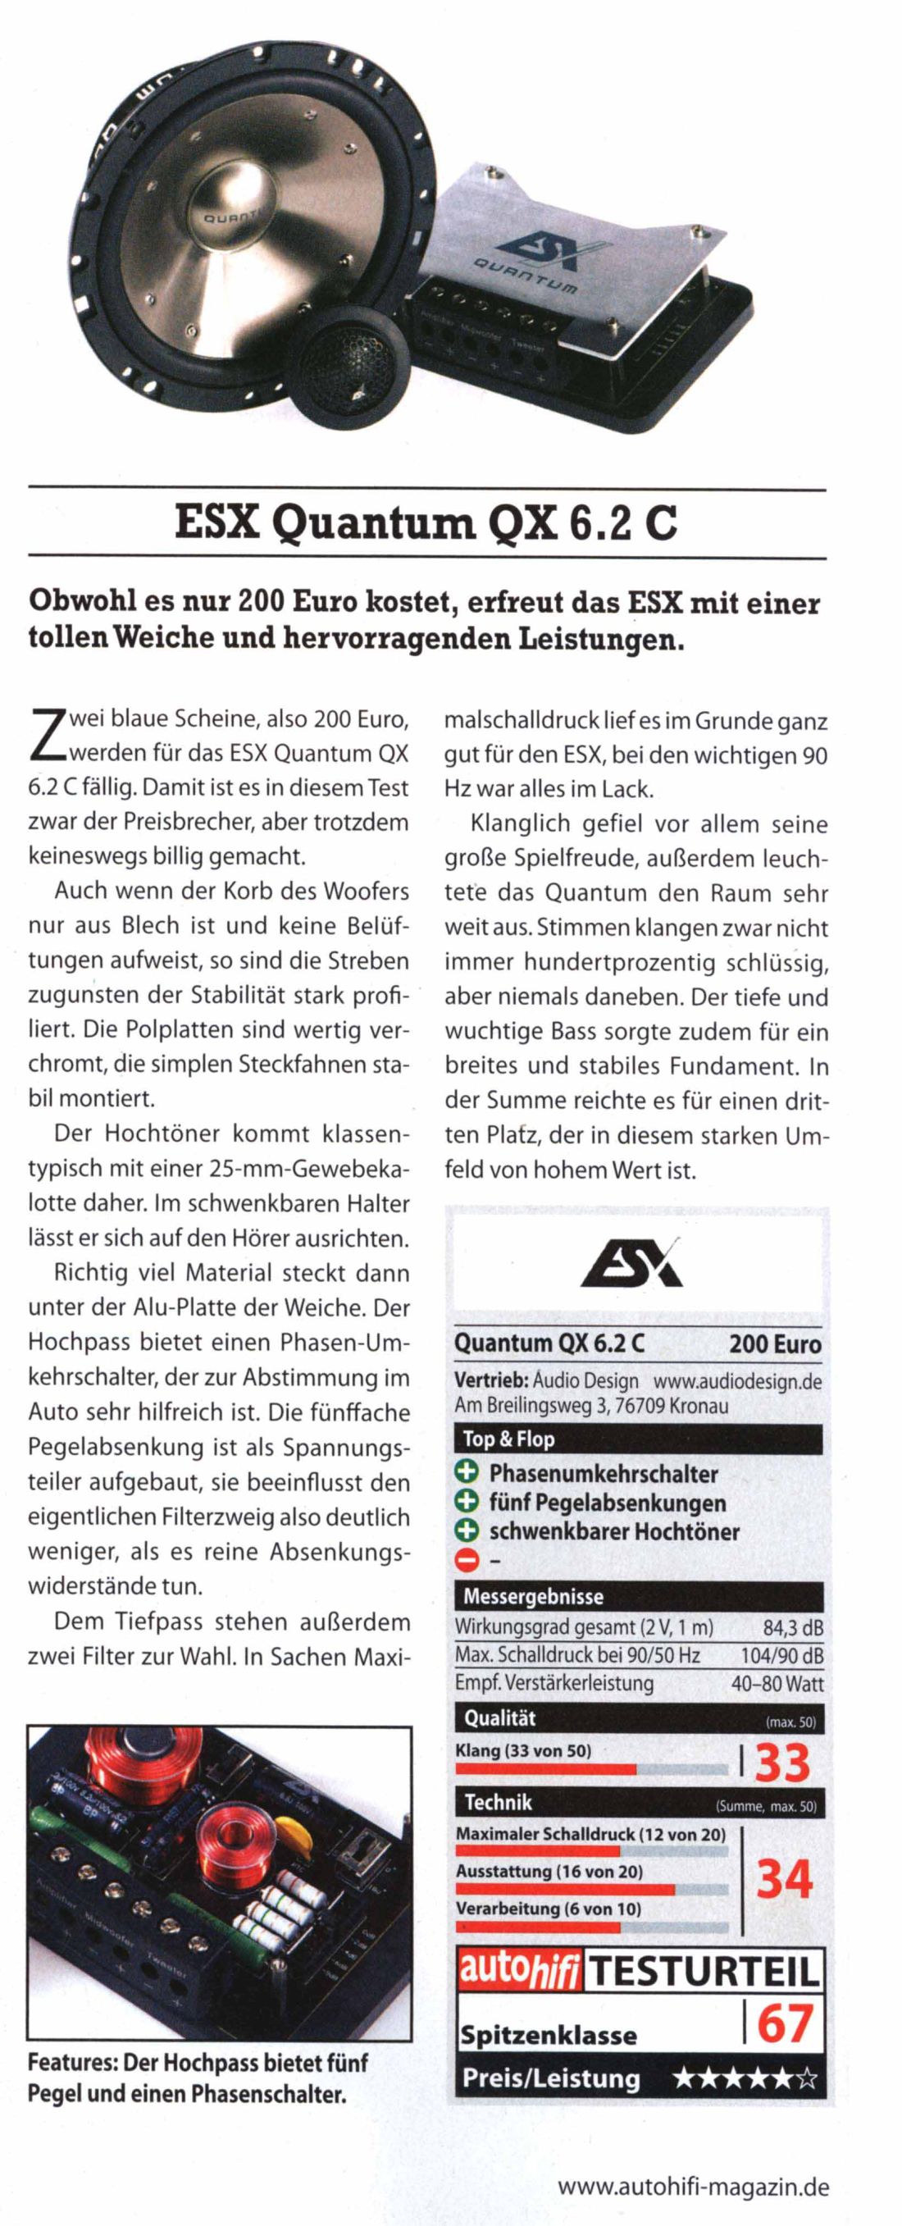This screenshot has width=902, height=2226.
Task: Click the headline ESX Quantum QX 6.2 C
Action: point(426,525)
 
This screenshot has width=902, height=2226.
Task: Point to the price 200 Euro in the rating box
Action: point(774,1344)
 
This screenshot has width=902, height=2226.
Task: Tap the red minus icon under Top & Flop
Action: point(467,1562)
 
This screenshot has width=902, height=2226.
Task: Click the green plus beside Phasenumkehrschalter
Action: point(467,1473)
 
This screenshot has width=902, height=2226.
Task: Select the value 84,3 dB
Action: point(792,1628)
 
